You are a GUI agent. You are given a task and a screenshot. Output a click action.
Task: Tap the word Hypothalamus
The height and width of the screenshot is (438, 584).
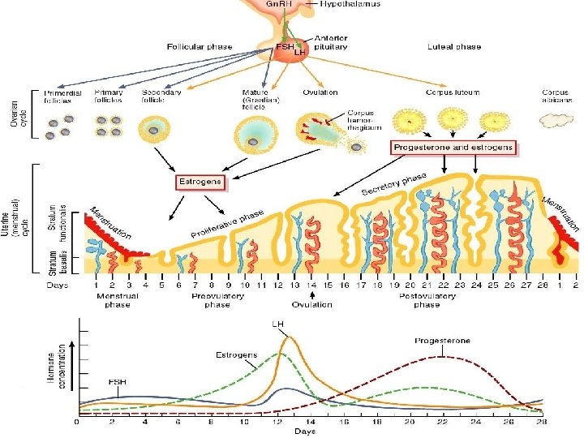click(x=351, y=5)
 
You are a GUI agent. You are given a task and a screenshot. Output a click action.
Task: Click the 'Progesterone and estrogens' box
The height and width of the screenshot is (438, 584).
click(x=453, y=148)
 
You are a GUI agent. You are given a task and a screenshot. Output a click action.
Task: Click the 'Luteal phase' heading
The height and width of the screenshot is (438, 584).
click(x=453, y=47)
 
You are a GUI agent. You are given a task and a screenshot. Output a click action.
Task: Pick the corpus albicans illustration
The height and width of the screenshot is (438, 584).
click(x=556, y=120)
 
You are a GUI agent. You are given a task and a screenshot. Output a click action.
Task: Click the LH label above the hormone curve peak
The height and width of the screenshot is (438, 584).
click(x=277, y=323)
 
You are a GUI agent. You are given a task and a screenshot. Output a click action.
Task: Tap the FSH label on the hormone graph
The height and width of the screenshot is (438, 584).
click(x=118, y=381)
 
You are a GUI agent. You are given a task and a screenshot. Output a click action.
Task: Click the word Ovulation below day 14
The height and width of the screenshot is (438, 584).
click(x=313, y=304)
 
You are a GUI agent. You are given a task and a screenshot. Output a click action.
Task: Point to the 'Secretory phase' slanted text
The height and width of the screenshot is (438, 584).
click(x=394, y=183)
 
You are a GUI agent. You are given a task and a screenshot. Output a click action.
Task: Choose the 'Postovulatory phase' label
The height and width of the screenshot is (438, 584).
click(x=427, y=300)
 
